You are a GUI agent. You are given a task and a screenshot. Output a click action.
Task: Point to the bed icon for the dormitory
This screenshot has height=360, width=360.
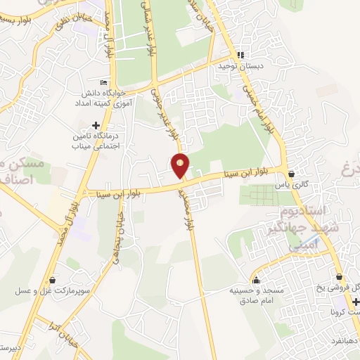105,82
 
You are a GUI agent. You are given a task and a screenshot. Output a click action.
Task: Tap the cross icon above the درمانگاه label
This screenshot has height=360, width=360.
95,125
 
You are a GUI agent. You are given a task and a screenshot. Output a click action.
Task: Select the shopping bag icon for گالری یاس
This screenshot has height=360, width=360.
291,173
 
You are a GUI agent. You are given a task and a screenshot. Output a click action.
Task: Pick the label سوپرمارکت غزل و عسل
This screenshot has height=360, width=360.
48,290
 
